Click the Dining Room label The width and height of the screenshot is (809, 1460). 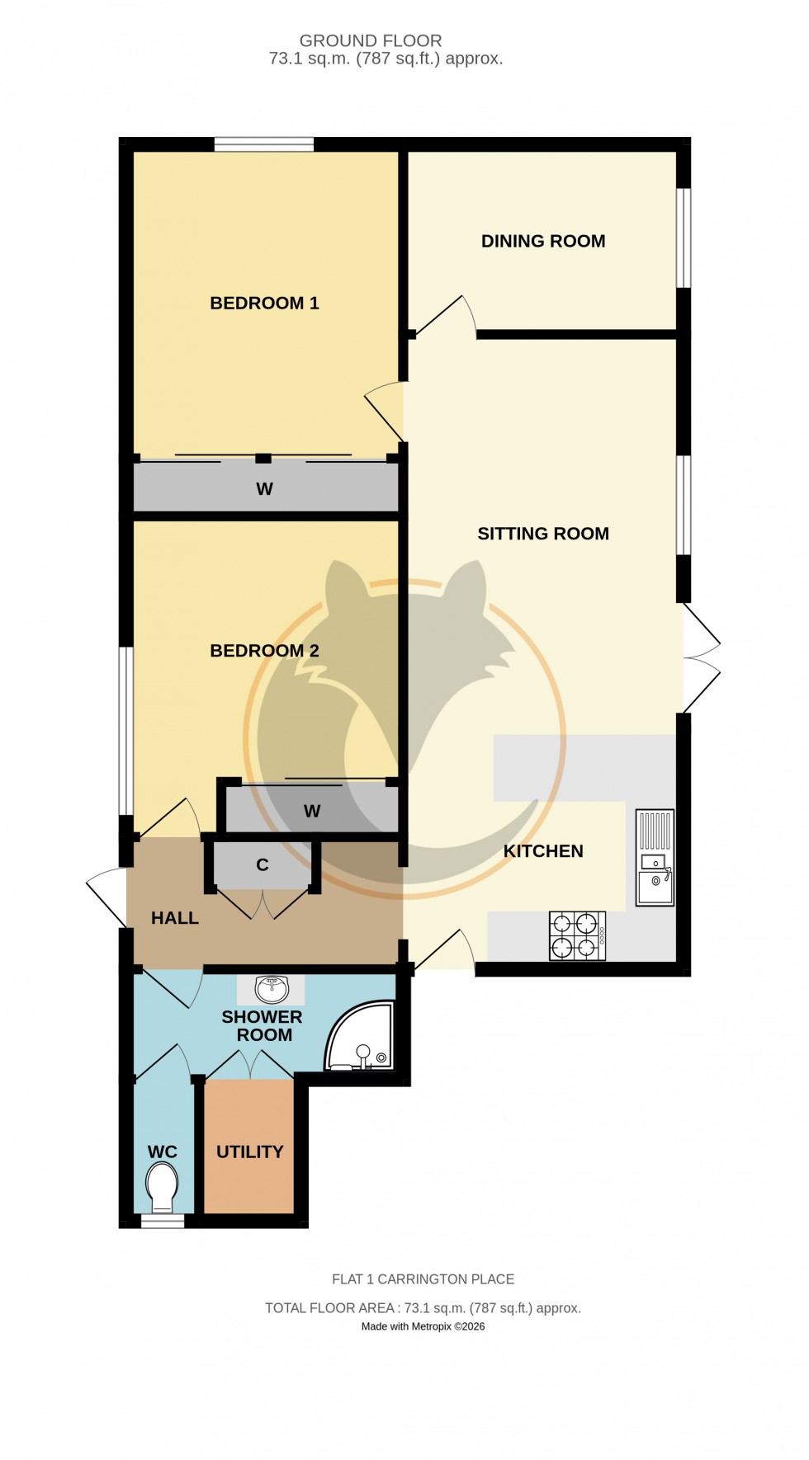pos(543,241)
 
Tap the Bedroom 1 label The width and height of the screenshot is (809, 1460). pos(264,303)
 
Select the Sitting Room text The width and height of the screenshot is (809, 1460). pos(543,534)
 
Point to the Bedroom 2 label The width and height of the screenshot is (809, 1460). pos(264,651)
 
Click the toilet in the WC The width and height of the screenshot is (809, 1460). pos(162,1186)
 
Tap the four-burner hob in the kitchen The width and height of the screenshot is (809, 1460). pos(577,935)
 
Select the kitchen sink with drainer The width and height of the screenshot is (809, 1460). pos(655,858)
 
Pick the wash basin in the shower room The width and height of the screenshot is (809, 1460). pos(272,988)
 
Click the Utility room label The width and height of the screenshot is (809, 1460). pos(249,1152)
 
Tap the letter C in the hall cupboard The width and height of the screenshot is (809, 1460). pos(263,865)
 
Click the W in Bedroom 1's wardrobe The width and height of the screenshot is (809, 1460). pos(264,489)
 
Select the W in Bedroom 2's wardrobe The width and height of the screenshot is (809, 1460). pos(312,812)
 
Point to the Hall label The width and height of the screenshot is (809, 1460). pos(175,918)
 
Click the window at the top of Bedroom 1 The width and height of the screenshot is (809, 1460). pos(264,144)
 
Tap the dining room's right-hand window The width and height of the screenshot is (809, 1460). pos(684,238)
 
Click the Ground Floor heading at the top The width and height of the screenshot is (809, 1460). pos(371,40)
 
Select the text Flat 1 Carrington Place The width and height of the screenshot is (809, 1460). pos(423,1279)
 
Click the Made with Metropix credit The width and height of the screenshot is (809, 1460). pos(423,1326)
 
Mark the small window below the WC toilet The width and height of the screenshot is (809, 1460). pos(162,1222)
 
